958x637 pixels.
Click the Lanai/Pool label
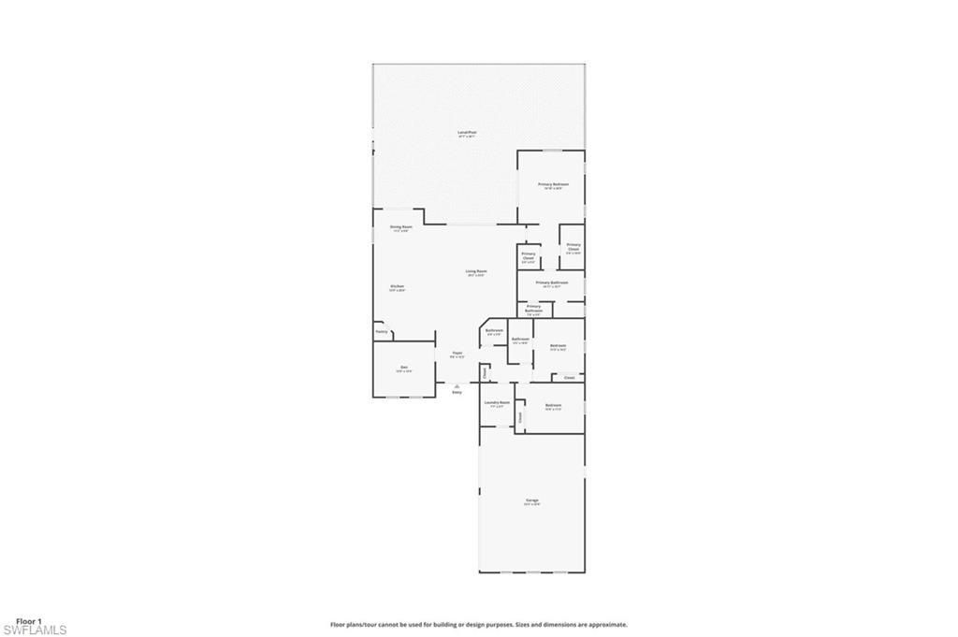point(467,133)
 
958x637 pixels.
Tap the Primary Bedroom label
point(553,184)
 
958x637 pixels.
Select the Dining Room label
point(400,227)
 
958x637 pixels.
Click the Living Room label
point(476,271)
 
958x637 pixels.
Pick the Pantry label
point(381,331)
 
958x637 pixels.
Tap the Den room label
point(403,367)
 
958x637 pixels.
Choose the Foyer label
point(457,353)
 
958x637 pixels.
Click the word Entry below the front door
point(457,392)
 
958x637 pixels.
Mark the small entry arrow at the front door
point(457,384)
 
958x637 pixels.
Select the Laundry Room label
point(497,402)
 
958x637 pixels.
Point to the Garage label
point(531,500)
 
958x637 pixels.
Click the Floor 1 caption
point(29,621)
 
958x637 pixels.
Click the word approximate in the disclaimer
point(607,624)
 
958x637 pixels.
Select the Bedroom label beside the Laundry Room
point(553,404)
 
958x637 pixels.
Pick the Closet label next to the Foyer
point(485,373)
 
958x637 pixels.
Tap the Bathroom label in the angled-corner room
point(494,330)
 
